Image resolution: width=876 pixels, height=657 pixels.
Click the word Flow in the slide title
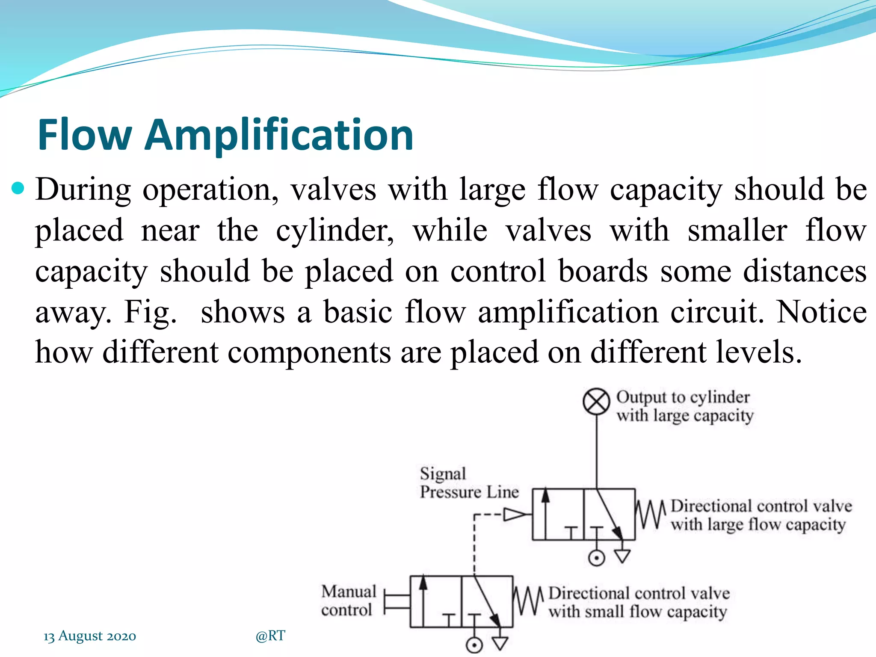coord(85,135)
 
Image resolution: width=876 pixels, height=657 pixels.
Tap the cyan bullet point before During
coord(18,188)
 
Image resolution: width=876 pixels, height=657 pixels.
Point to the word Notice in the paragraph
coord(821,311)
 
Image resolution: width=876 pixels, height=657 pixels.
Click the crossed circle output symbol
coord(596,402)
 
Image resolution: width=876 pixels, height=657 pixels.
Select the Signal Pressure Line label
coord(469,483)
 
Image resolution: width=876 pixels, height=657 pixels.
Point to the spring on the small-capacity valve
coord(528,601)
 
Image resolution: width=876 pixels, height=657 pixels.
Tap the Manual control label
coord(349,601)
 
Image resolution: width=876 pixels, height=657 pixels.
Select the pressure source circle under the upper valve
coord(597,558)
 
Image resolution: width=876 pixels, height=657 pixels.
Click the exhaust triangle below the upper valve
coord(622,556)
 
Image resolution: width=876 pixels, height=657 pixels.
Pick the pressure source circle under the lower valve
coord(474,645)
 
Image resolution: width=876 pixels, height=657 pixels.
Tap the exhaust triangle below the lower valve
coord(500,643)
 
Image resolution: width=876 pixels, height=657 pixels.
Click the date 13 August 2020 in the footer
coord(90,636)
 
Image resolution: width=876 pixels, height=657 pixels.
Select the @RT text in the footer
coord(270,636)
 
